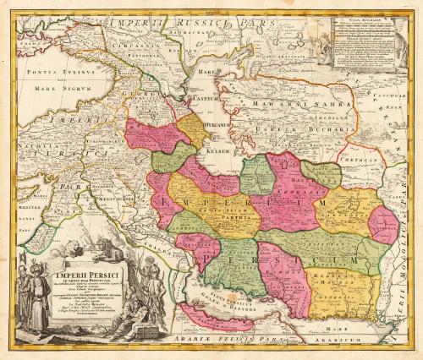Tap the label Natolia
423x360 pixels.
(35, 165)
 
